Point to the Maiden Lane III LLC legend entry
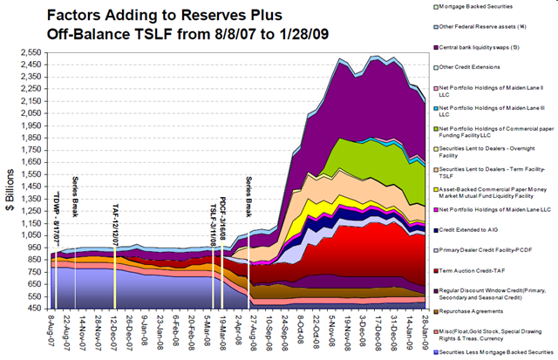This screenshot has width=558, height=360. [x=493, y=112]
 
